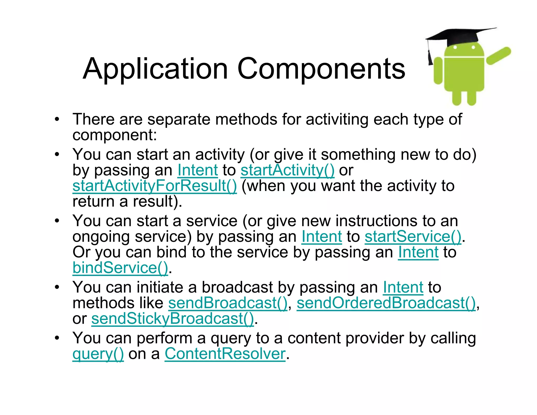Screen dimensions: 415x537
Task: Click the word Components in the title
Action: point(321,69)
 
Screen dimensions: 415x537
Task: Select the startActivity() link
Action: point(287,170)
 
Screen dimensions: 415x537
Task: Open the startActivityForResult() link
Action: point(155,186)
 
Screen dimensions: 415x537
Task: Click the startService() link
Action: point(413,237)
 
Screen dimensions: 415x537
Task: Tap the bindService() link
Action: point(120,268)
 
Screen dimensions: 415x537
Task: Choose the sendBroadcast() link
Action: point(228,303)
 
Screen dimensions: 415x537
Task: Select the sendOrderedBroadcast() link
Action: point(386,303)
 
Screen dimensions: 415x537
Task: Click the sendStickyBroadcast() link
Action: point(173,319)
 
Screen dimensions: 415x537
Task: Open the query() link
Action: point(98,354)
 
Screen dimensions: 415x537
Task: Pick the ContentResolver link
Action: point(225,354)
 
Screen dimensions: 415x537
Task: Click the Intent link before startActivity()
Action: point(198,170)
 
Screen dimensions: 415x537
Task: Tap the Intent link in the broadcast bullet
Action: point(403,288)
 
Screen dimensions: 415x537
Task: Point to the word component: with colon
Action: point(115,135)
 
